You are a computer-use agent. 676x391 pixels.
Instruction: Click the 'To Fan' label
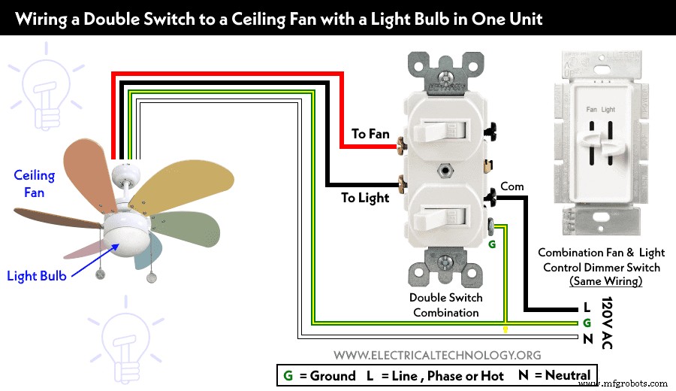pos(370,134)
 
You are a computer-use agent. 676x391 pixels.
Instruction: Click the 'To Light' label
pos(365,198)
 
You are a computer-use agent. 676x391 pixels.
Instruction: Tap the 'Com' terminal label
pos(512,186)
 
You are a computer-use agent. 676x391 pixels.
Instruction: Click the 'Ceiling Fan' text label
pos(34,184)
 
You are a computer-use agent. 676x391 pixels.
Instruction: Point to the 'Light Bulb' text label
pos(36,276)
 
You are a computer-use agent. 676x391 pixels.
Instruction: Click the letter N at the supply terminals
pos(586,338)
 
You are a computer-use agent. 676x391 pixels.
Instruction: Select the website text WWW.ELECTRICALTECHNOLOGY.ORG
pos(437,355)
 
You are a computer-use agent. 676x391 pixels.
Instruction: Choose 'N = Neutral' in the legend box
pos(554,375)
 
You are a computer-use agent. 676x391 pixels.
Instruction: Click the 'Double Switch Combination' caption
pos(446,305)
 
